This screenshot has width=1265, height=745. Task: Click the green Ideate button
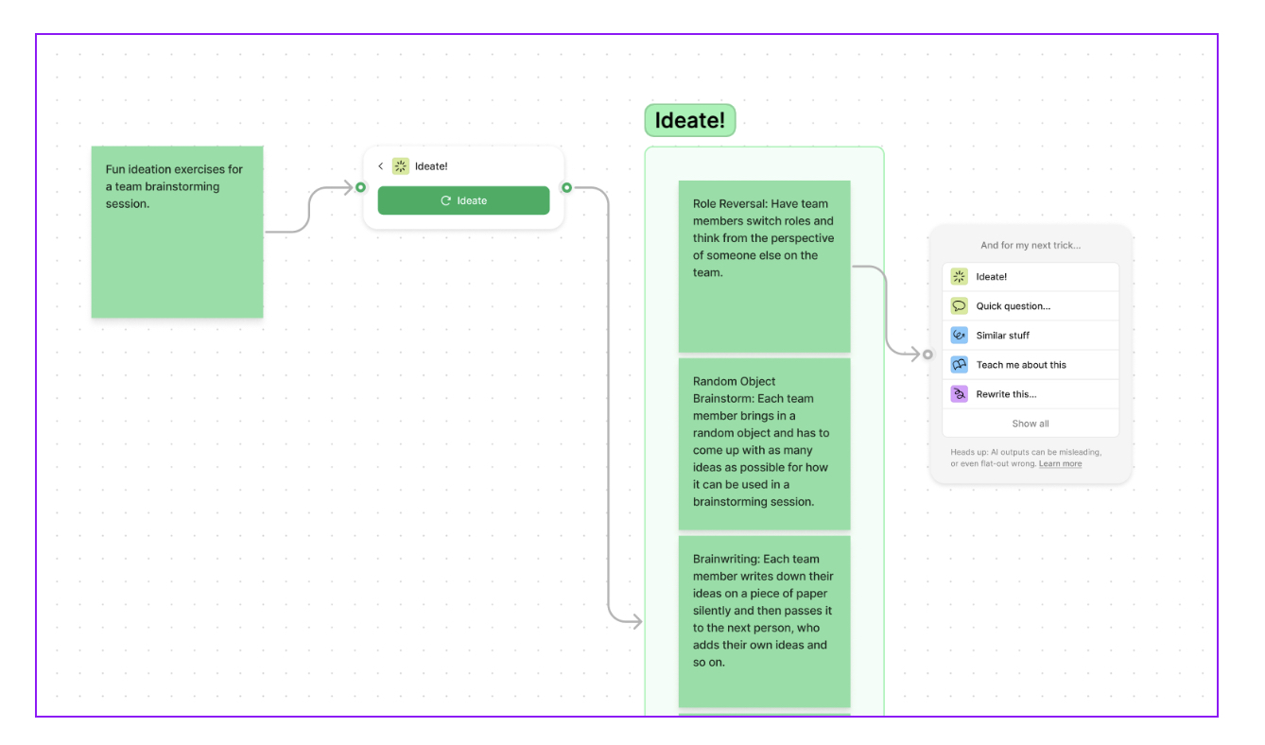click(463, 200)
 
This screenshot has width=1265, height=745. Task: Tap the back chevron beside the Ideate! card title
click(381, 166)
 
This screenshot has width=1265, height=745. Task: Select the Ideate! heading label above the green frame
click(689, 121)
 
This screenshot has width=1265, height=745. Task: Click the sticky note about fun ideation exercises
click(177, 232)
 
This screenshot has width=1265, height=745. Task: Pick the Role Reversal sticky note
click(764, 266)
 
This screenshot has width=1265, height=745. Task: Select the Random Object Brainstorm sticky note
click(764, 442)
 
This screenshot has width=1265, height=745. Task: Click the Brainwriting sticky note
click(764, 620)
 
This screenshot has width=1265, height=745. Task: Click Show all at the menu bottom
click(1030, 424)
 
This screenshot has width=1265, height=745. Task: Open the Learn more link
click(1060, 464)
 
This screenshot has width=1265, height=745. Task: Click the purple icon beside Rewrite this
click(959, 394)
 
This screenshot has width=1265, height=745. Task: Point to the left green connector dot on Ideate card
click(360, 187)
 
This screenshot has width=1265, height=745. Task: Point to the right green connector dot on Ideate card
click(566, 187)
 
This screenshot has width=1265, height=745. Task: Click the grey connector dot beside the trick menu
click(927, 355)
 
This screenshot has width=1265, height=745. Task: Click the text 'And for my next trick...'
click(1030, 246)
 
